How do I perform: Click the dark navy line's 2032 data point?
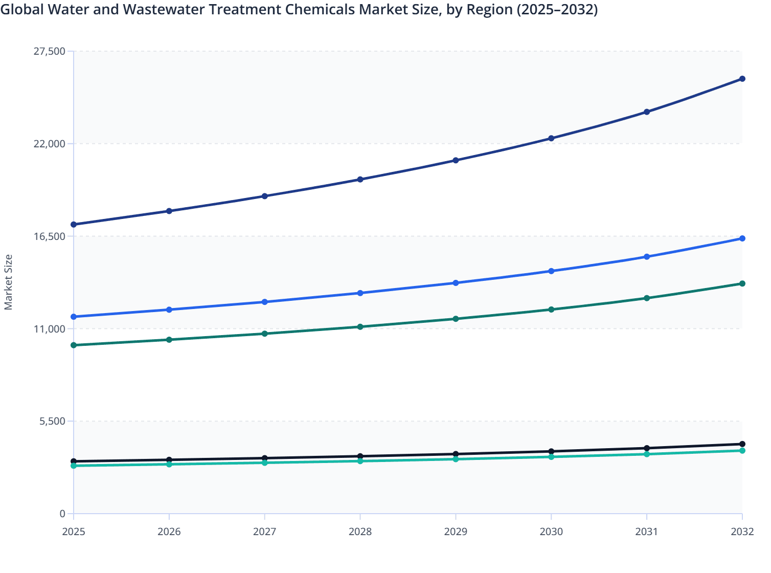pos(742,79)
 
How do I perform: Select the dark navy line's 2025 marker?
pos(74,225)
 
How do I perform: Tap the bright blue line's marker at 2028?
pos(360,293)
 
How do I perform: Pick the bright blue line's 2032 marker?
pos(742,238)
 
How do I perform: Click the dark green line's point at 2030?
pos(551,310)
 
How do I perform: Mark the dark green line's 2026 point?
pos(169,340)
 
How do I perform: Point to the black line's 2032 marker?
pos(742,444)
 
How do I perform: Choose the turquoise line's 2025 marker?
pos(74,466)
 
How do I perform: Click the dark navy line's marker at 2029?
pos(456,161)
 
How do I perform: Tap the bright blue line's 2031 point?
pos(647,257)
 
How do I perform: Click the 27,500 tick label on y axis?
pos(49,51)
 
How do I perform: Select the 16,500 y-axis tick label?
pos(49,236)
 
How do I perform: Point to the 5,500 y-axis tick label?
pos(52,422)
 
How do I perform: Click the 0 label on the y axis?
pos(62,514)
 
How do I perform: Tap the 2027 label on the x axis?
pos(264,532)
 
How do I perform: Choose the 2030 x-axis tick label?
pos(551,532)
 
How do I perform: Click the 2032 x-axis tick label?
pos(742,532)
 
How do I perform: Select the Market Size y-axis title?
pos(8,282)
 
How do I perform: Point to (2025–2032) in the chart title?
pos(557,9)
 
